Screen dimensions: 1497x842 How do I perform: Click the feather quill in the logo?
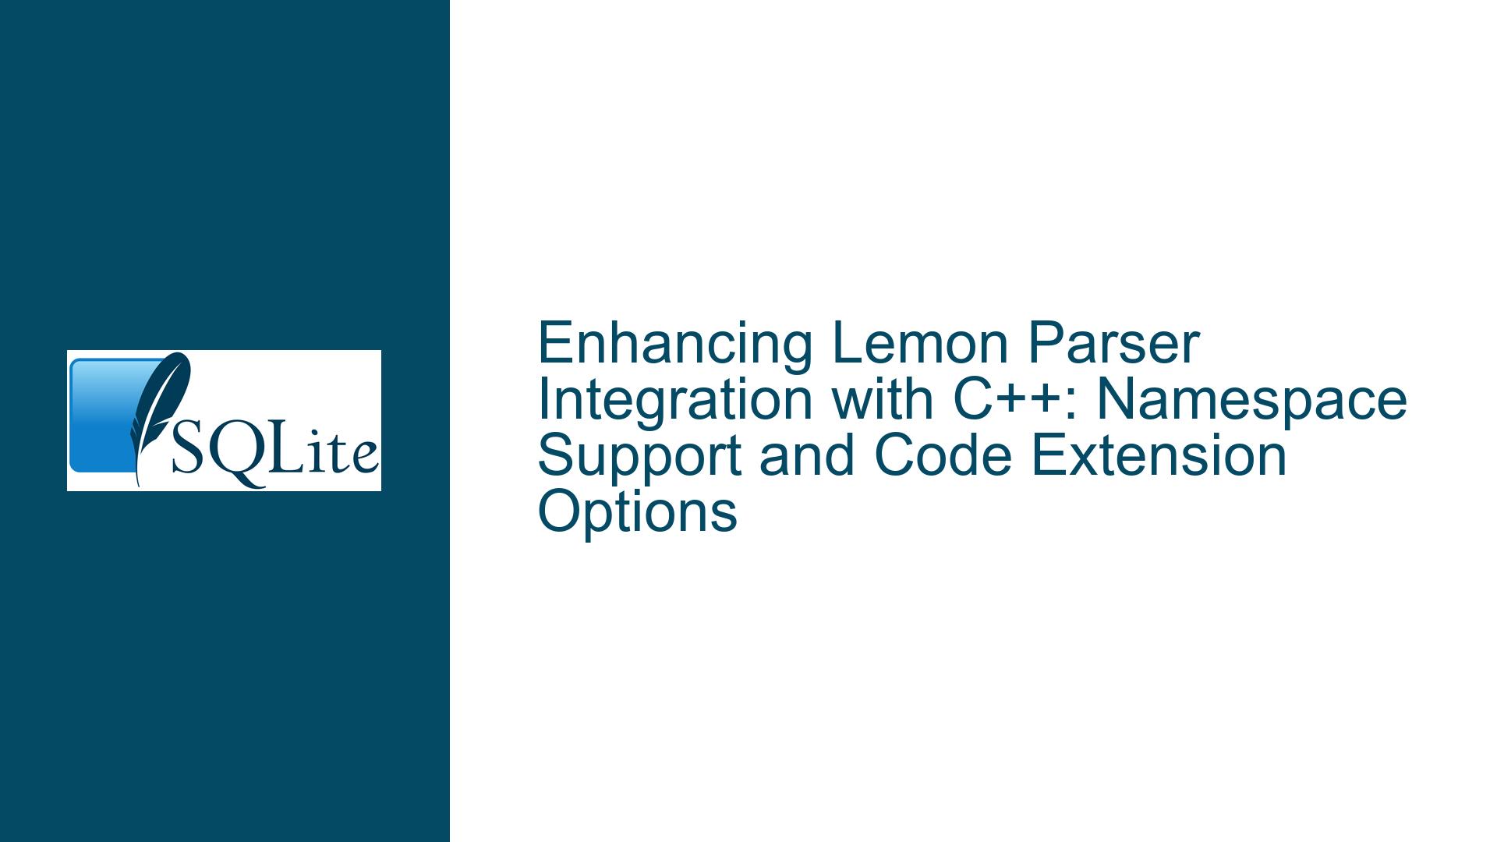click(161, 418)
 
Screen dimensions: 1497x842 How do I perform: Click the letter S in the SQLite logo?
click(186, 454)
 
